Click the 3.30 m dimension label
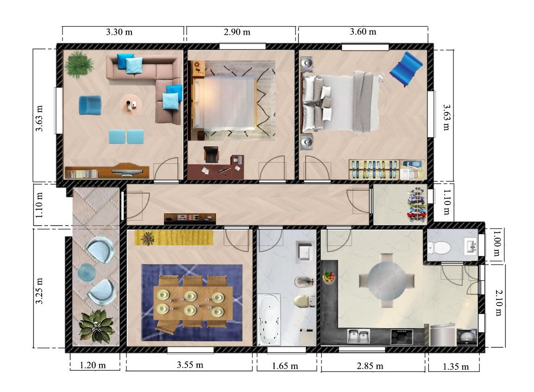click(119, 32)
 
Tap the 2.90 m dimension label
click(237, 32)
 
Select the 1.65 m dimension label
click(285, 366)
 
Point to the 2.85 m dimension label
click(370, 366)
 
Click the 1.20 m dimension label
click(93, 366)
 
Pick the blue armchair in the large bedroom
click(406, 69)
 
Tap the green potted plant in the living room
click(79, 65)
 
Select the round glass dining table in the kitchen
click(387, 281)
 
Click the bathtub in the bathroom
click(269, 319)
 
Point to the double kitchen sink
click(358, 336)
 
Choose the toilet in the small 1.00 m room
click(439, 248)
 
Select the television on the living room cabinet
click(127, 170)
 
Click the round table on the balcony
click(87, 273)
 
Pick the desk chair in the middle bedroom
click(211, 154)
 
